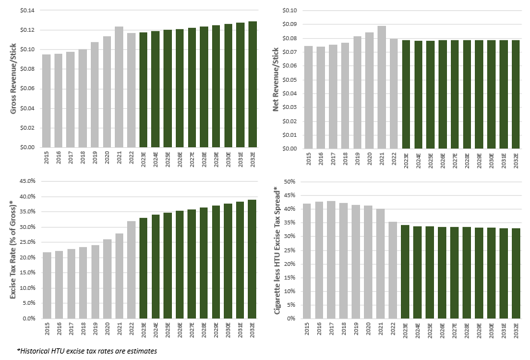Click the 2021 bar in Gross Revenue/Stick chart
coord(119,87)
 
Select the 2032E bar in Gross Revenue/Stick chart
coord(252,84)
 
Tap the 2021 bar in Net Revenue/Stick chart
coord(381,87)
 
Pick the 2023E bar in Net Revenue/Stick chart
coord(406,94)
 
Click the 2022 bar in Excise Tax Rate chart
coord(131,270)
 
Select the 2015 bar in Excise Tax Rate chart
coord(47,285)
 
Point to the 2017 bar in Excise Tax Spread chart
coord(331,259)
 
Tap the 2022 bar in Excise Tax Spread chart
coord(392,270)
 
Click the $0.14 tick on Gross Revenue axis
coord(27,10)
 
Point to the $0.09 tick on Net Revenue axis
coord(290,25)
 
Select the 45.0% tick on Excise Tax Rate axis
coord(27,181)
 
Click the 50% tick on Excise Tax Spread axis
coord(290,182)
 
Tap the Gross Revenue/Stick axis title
coord(13,78)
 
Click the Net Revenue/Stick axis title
coord(276,79)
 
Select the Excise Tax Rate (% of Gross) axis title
coord(13,250)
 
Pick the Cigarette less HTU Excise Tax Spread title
coord(278,250)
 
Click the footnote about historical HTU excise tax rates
coord(87,351)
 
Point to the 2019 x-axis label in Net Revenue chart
coord(357,158)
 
